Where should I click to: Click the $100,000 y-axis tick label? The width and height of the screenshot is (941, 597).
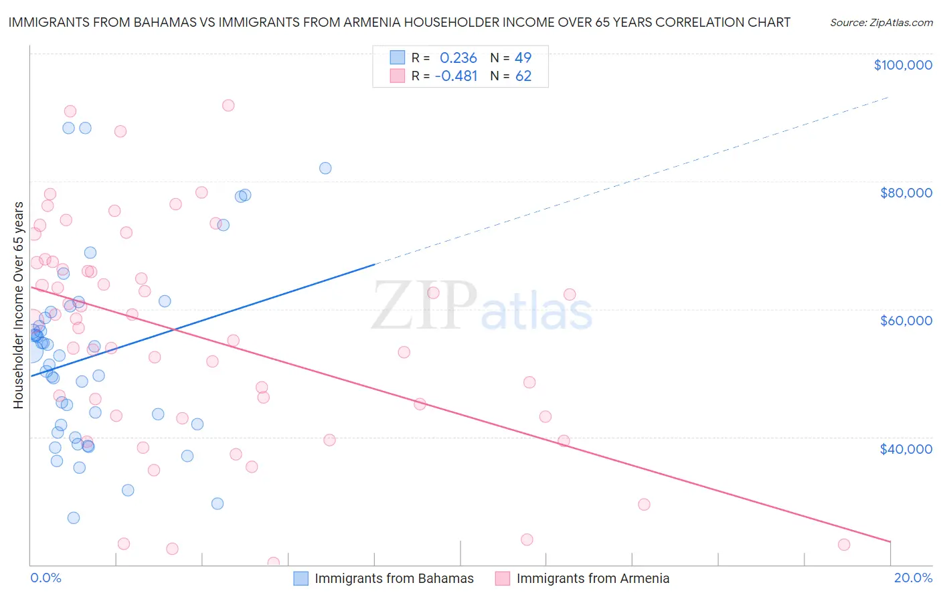coord(902,65)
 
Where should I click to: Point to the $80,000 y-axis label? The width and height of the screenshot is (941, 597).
coord(906,193)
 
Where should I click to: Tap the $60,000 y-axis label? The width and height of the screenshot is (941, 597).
coord(906,321)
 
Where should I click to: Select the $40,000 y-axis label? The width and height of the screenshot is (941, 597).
coord(906,448)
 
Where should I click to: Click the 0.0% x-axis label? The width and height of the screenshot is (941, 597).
coord(46,578)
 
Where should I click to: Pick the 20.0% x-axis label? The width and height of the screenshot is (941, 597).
coord(913,578)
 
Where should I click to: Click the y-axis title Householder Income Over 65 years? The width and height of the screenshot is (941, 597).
coord(19,305)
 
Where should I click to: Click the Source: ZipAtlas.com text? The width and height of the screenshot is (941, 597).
coord(881,22)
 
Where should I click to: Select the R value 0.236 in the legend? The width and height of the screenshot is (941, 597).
coord(458,58)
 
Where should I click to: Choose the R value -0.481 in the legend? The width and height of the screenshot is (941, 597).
coord(456,76)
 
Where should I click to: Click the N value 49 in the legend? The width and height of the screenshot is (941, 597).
coord(523,58)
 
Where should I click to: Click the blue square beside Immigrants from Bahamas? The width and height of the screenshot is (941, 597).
coord(301,578)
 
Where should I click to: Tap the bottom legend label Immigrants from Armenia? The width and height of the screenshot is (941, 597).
coord(592,578)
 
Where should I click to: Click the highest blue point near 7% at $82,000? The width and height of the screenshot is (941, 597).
coord(325,168)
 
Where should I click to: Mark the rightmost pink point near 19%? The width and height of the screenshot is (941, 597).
coord(844,545)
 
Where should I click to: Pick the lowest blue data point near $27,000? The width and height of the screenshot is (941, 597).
coord(74,517)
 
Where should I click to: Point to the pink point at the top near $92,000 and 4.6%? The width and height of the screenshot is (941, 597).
coord(228,105)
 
